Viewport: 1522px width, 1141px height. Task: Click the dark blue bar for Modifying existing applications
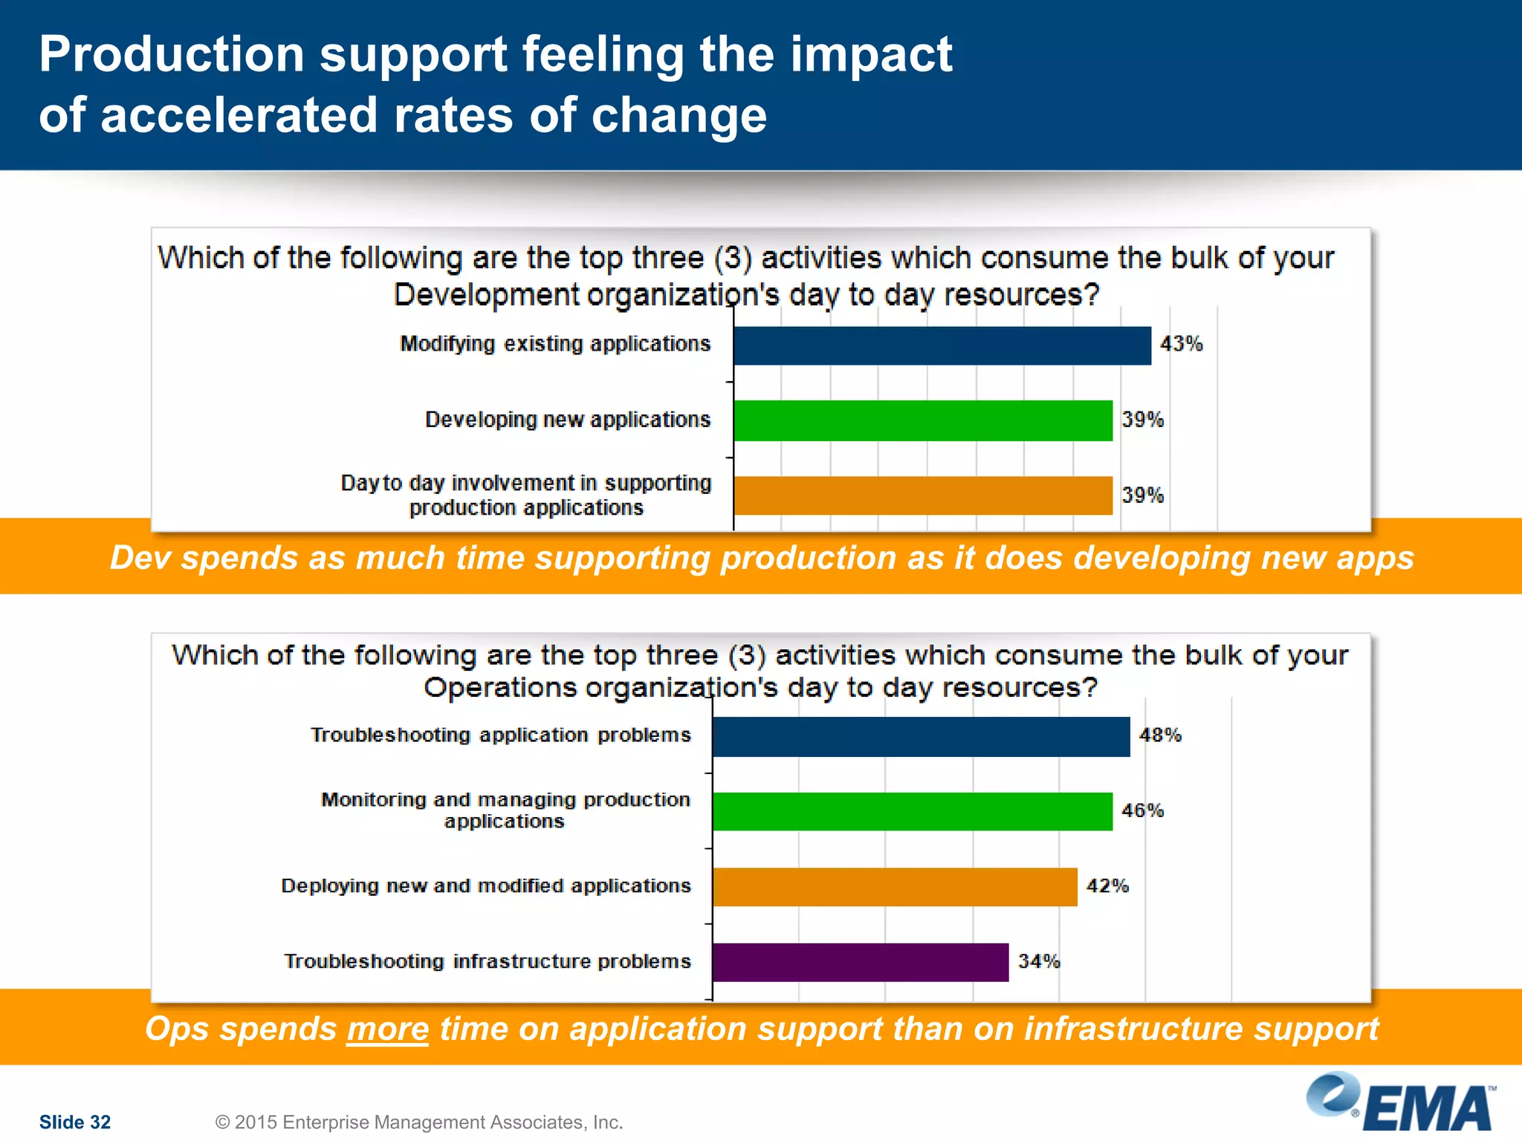942,345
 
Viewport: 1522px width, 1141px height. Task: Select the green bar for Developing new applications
922,420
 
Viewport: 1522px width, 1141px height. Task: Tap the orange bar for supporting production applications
922,495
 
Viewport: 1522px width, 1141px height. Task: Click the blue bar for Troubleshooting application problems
920,736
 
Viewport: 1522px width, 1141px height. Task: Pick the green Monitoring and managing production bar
912,811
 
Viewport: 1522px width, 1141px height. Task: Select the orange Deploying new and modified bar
894,886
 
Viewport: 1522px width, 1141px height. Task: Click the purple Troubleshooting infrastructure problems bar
860,962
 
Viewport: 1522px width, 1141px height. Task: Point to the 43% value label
1181,344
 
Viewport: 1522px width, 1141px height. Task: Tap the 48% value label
1160,735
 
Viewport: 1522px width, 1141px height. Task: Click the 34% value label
1039,961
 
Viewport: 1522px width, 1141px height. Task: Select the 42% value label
1107,885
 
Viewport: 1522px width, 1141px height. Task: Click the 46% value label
1142,810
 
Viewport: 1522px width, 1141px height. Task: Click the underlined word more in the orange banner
387,1030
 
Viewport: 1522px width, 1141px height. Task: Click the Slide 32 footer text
74,1122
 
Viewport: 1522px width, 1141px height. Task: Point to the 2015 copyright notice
418,1122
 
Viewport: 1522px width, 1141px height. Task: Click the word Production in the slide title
172,54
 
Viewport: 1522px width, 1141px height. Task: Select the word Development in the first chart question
486,295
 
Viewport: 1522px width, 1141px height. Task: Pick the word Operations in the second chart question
499,688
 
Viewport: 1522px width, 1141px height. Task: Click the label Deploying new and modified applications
486,885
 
